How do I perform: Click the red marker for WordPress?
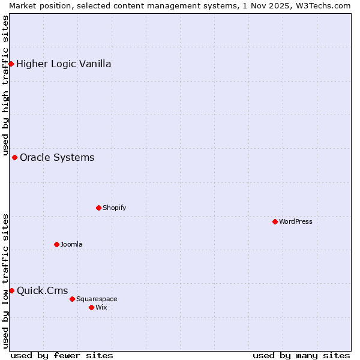tap(275, 221)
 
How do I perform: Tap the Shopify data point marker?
tap(98, 208)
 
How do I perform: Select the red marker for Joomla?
tap(56, 244)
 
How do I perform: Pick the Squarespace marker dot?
tap(72, 299)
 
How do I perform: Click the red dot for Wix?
tap(91, 307)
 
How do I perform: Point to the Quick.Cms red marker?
tap(11, 290)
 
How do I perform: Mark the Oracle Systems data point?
tap(14, 157)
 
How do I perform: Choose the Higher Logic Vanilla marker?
tap(11, 64)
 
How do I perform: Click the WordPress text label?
tap(296, 221)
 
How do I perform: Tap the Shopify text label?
tap(114, 208)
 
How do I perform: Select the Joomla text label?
tap(71, 244)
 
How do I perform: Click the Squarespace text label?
tap(97, 299)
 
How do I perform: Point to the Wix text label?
tap(101, 307)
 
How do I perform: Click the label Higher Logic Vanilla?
tap(64, 64)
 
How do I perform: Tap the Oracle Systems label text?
tap(57, 158)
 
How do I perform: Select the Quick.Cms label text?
tap(42, 291)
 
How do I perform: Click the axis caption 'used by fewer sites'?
tap(62, 355)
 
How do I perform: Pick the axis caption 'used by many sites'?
tap(301, 355)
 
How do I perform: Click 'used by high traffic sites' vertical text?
tap(6, 84)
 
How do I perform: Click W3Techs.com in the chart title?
tap(321, 5)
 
